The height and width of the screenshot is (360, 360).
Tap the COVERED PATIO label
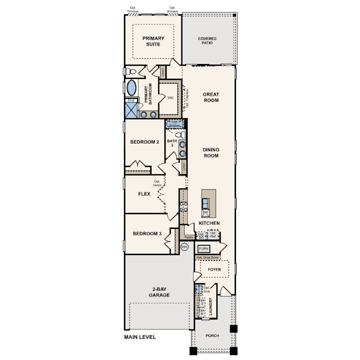(208, 41)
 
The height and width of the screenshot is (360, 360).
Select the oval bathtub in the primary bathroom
(132, 87)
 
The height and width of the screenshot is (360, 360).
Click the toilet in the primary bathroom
(131, 72)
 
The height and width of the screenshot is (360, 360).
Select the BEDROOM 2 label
(144, 142)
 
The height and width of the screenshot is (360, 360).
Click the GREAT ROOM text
(211, 97)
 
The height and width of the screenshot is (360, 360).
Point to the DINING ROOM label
(211, 153)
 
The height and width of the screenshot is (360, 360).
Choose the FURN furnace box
(204, 248)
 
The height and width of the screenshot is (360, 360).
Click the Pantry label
(188, 238)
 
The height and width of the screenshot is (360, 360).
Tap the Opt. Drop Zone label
(207, 258)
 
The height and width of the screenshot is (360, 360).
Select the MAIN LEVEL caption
(140, 337)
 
